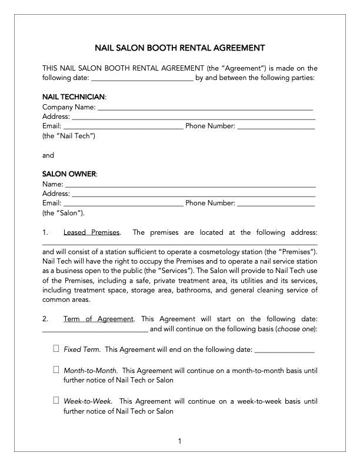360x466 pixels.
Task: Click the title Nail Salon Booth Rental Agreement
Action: (x=179, y=48)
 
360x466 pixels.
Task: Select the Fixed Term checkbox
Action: (x=56, y=349)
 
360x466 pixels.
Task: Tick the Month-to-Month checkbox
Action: (x=56, y=370)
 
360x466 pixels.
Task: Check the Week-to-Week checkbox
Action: (x=56, y=401)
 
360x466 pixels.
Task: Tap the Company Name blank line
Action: (x=205, y=107)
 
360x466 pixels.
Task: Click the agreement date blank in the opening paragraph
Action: (x=142, y=78)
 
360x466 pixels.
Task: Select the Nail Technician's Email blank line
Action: (x=123, y=126)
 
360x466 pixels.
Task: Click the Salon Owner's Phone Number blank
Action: (x=276, y=203)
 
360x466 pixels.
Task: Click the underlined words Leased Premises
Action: (x=91, y=232)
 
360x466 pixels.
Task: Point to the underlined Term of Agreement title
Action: (x=98, y=319)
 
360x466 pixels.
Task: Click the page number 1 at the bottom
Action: (x=180, y=441)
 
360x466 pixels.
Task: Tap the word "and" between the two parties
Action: (x=48, y=155)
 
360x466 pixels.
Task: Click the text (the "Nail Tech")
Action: (x=69, y=136)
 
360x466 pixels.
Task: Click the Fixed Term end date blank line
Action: (x=285, y=349)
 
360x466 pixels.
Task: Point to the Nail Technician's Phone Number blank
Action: (x=276, y=126)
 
